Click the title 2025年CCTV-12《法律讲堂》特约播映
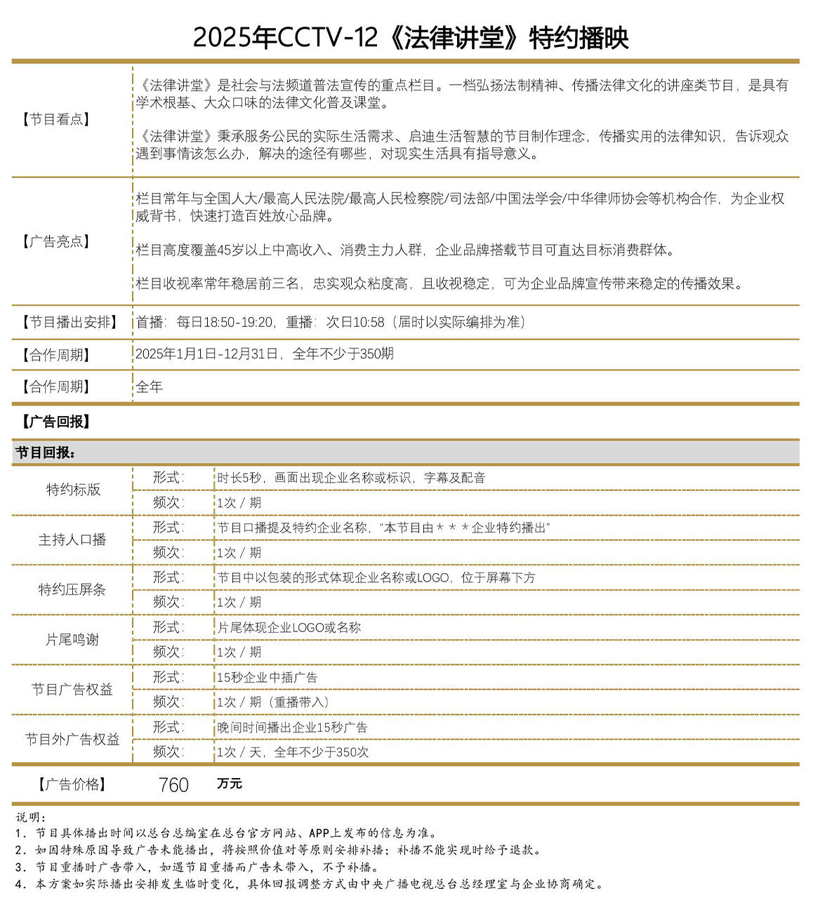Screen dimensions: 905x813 tap(411, 37)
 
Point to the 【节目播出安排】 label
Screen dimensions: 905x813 tap(69, 322)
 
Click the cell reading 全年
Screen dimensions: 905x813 tap(150, 387)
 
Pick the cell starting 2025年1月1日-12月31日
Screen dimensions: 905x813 tap(265, 354)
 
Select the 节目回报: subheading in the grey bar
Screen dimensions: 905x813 tap(46, 452)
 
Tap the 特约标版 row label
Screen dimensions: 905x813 tap(73, 490)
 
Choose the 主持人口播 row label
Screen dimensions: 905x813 tap(72, 539)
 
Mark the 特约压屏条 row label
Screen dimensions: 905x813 tap(72, 589)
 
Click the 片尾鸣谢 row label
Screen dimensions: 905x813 tap(72, 639)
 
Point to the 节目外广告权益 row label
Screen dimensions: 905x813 tap(72, 739)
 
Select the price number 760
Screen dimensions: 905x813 tap(173, 784)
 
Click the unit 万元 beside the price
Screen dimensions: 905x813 tap(230, 783)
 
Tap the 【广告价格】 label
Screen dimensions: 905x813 tap(72, 784)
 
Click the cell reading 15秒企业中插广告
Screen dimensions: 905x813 tap(267, 678)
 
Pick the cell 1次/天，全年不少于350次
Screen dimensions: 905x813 tap(292, 752)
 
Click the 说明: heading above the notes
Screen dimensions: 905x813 tap(32, 817)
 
